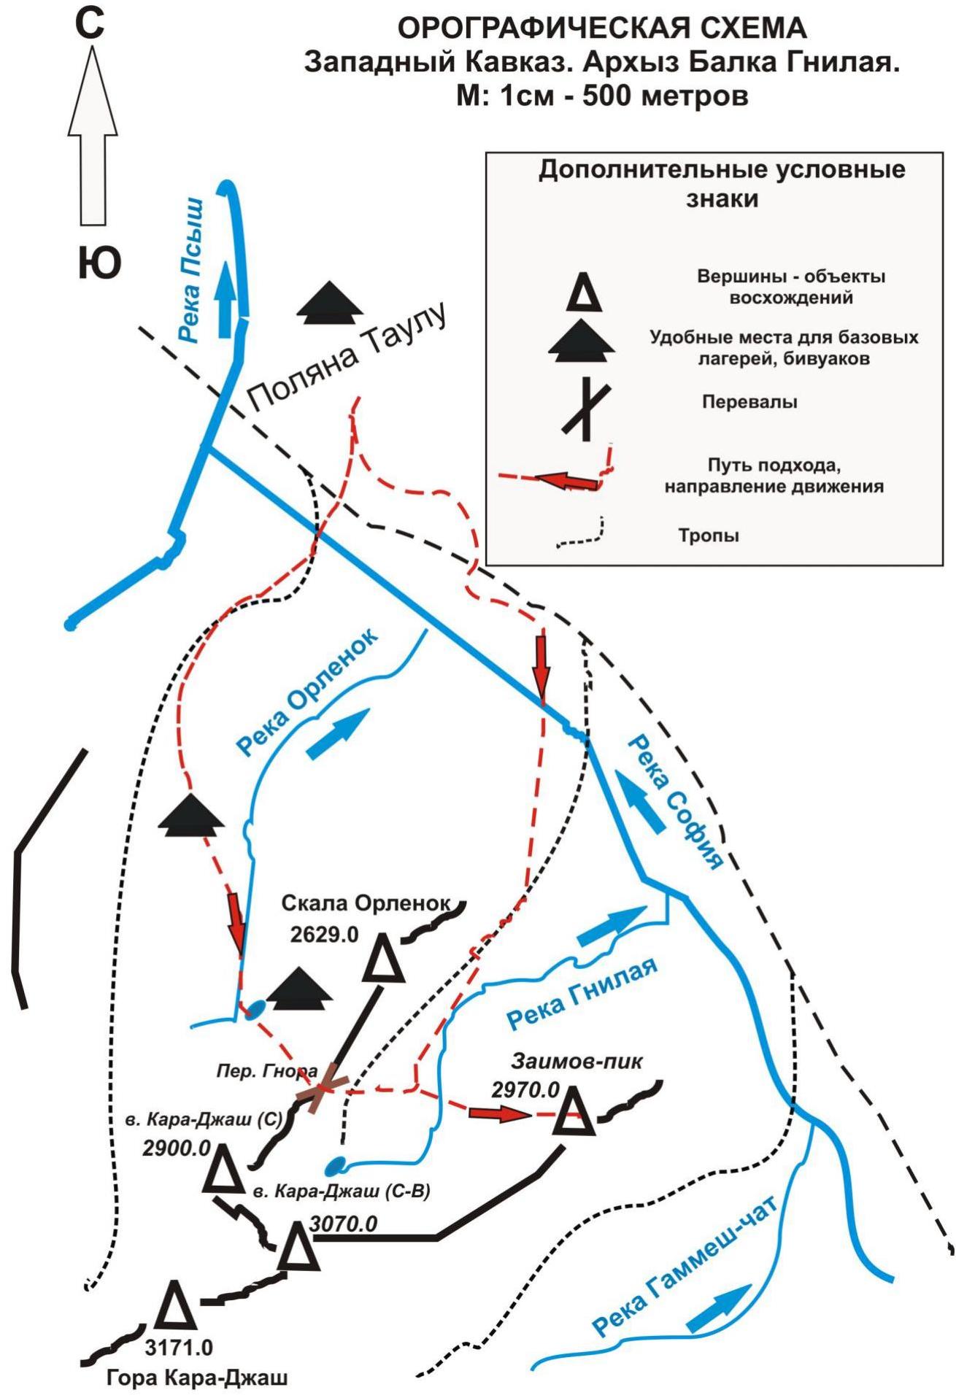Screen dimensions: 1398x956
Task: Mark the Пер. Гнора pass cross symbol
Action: click(x=322, y=1088)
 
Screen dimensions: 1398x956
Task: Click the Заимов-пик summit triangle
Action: click(x=574, y=1110)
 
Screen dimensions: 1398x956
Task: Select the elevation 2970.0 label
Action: click(x=525, y=1089)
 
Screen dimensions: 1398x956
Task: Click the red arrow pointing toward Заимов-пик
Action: click(x=499, y=1113)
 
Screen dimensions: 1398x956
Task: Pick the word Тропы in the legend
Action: click(x=709, y=535)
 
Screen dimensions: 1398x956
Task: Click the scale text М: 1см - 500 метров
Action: click(x=602, y=96)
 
